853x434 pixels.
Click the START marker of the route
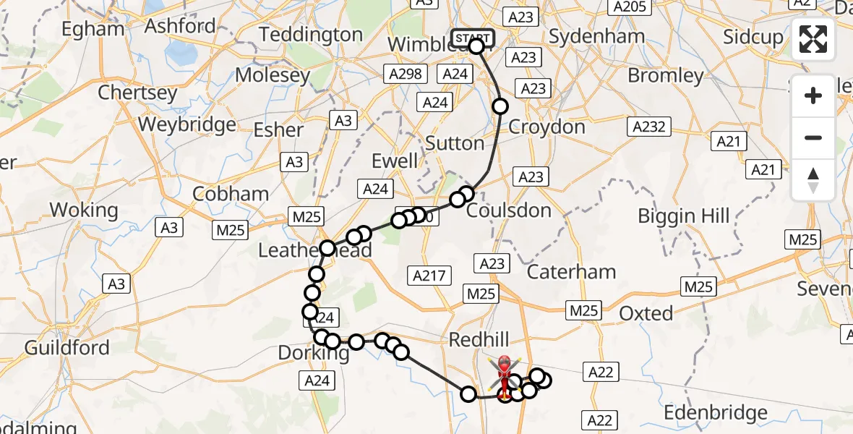coord(473,38)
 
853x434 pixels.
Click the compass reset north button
coord(813,180)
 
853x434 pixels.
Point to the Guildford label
coord(67,348)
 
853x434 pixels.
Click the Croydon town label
coord(547,127)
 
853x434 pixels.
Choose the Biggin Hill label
coord(684,216)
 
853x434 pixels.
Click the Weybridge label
coord(187,124)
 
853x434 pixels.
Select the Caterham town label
coord(571,273)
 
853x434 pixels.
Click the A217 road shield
coord(430,275)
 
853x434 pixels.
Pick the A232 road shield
coord(648,127)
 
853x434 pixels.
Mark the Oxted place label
coord(646,313)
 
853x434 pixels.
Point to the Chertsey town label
coord(137,93)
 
